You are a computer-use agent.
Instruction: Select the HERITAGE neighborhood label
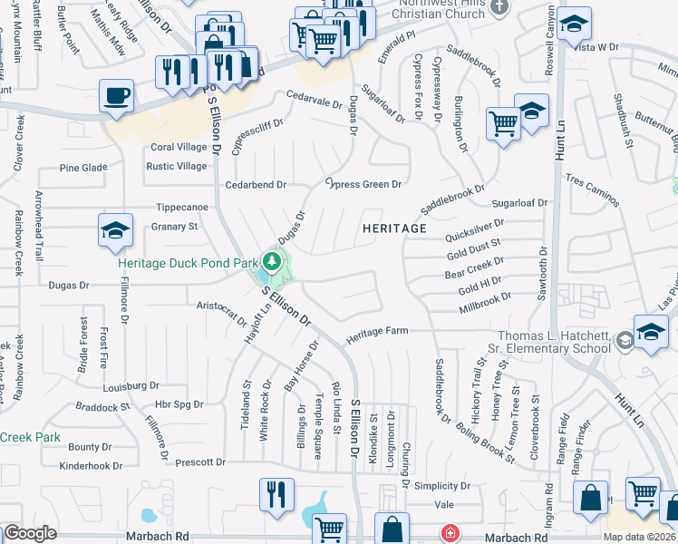pos(394,228)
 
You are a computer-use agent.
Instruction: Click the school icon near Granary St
pos(115,232)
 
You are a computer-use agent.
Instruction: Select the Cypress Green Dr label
pos(363,184)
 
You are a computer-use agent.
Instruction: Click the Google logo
pos(30,533)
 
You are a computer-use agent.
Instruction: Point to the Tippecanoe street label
pos(182,207)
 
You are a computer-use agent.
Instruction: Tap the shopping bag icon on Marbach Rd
pos(392,529)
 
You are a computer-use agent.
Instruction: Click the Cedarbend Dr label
pos(256,184)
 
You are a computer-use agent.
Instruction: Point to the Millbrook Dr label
pos(485,301)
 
